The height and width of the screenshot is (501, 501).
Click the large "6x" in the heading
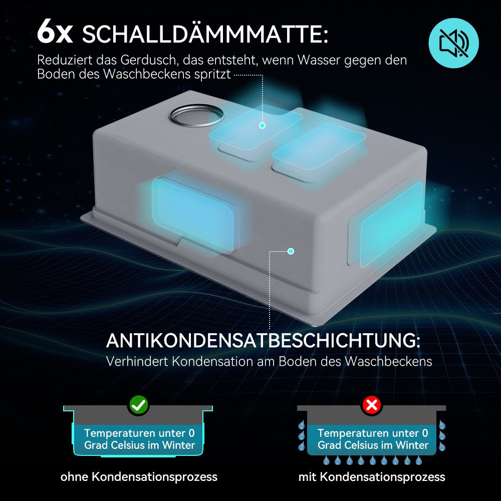[x=55, y=32]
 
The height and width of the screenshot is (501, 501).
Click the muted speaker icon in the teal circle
[x=453, y=43]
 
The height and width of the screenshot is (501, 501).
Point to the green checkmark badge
[x=139, y=405]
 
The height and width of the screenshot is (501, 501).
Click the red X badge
[x=372, y=405]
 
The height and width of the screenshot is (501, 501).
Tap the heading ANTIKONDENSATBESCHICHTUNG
[x=263, y=341]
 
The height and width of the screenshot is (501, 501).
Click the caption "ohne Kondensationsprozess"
[x=139, y=477]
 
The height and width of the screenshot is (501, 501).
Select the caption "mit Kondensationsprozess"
[x=372, y=477]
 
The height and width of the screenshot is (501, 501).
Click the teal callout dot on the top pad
[x=263, y=126]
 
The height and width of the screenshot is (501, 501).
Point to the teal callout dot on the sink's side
[x=291, y=251]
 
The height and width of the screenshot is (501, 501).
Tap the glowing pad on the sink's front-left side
[x=193, y=214]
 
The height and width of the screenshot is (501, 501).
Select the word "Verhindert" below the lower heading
[x=137, y=361]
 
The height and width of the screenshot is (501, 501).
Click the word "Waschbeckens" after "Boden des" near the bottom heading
[x=388, y=361]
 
